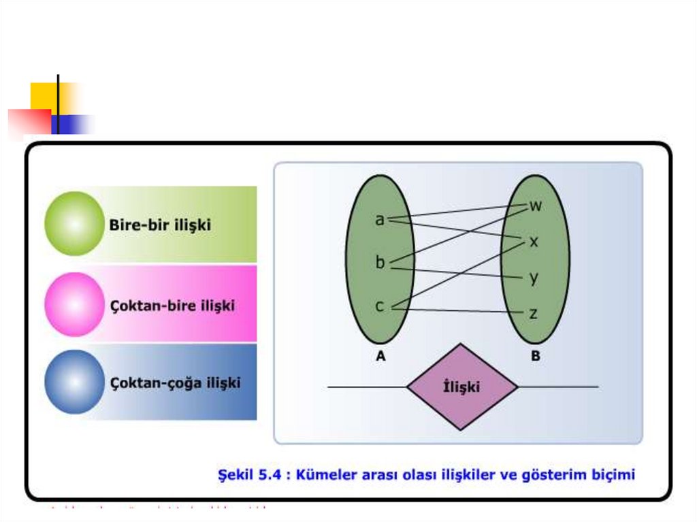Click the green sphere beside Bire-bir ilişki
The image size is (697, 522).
(x=74, y=223)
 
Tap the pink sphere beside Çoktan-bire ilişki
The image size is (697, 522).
(x=74, y=304)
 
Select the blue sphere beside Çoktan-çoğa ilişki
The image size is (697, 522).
(x=74, y=382)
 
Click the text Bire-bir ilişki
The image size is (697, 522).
(x=160, y=225)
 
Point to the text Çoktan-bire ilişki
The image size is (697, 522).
(x=172, y=306)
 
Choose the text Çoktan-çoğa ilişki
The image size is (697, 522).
(x=175, y=382)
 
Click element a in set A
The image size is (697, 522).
(x=380, y=219)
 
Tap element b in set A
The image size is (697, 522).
(x=380, y=262)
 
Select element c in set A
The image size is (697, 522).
(x=380, y=306)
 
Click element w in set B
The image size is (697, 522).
(x=536, y=206)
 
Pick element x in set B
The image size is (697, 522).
(x=534, y=242)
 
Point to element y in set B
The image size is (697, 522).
(x=534, y=277)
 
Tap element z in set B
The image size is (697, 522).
(x=534, y=313)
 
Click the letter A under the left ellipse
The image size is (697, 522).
(x=380, y=355)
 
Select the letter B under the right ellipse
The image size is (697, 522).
(x=536, y=355)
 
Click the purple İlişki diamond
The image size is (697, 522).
(x=462, y=387)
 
